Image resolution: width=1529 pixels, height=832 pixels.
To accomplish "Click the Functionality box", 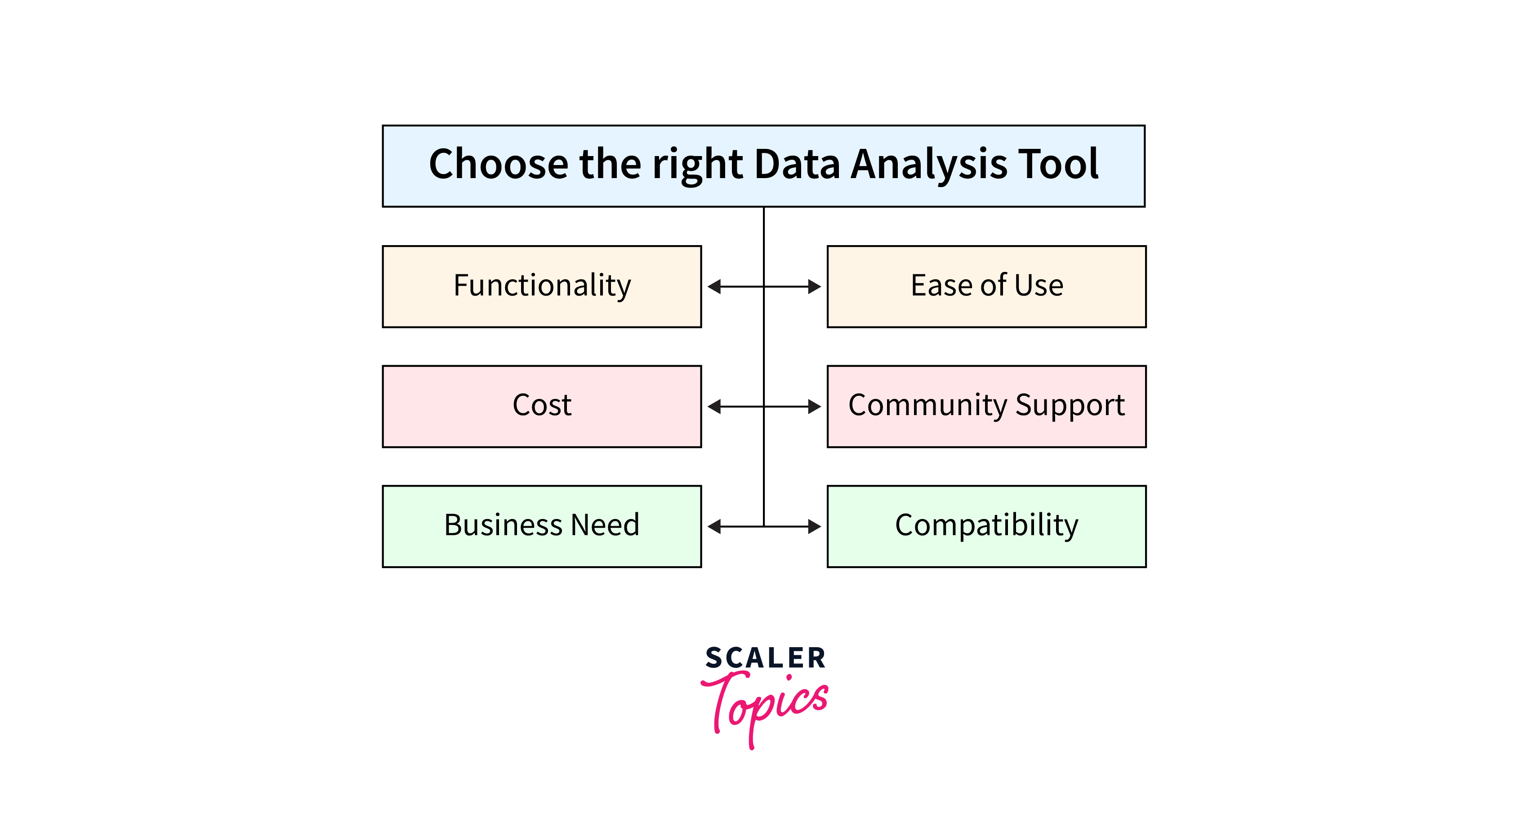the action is pos(541,286).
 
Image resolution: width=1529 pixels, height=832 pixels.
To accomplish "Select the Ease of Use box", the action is pos(986,286).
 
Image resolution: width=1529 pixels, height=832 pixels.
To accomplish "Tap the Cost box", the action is pos(541,406).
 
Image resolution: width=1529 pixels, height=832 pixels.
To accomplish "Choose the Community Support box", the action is pos(986,406).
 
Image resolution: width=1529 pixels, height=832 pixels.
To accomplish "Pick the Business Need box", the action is pos(541,526).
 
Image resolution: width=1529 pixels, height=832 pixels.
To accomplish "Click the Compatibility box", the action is pos(986,526).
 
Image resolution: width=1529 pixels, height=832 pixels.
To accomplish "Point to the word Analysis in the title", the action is pos(929,165).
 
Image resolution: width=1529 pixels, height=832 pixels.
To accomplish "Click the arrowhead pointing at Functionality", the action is pos(714,287).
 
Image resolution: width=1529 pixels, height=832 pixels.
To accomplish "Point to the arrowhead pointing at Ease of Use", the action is pos(814,287).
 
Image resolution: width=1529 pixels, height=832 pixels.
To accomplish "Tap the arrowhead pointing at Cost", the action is pos(714,407).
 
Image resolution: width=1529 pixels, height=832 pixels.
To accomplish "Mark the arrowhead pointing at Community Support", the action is pos(814,407).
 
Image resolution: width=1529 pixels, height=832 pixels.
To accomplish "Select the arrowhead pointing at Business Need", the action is pos(714,527).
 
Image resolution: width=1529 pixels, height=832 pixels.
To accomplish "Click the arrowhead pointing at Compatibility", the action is pos(814,527).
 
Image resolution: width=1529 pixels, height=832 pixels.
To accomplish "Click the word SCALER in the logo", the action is pos(765,658).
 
